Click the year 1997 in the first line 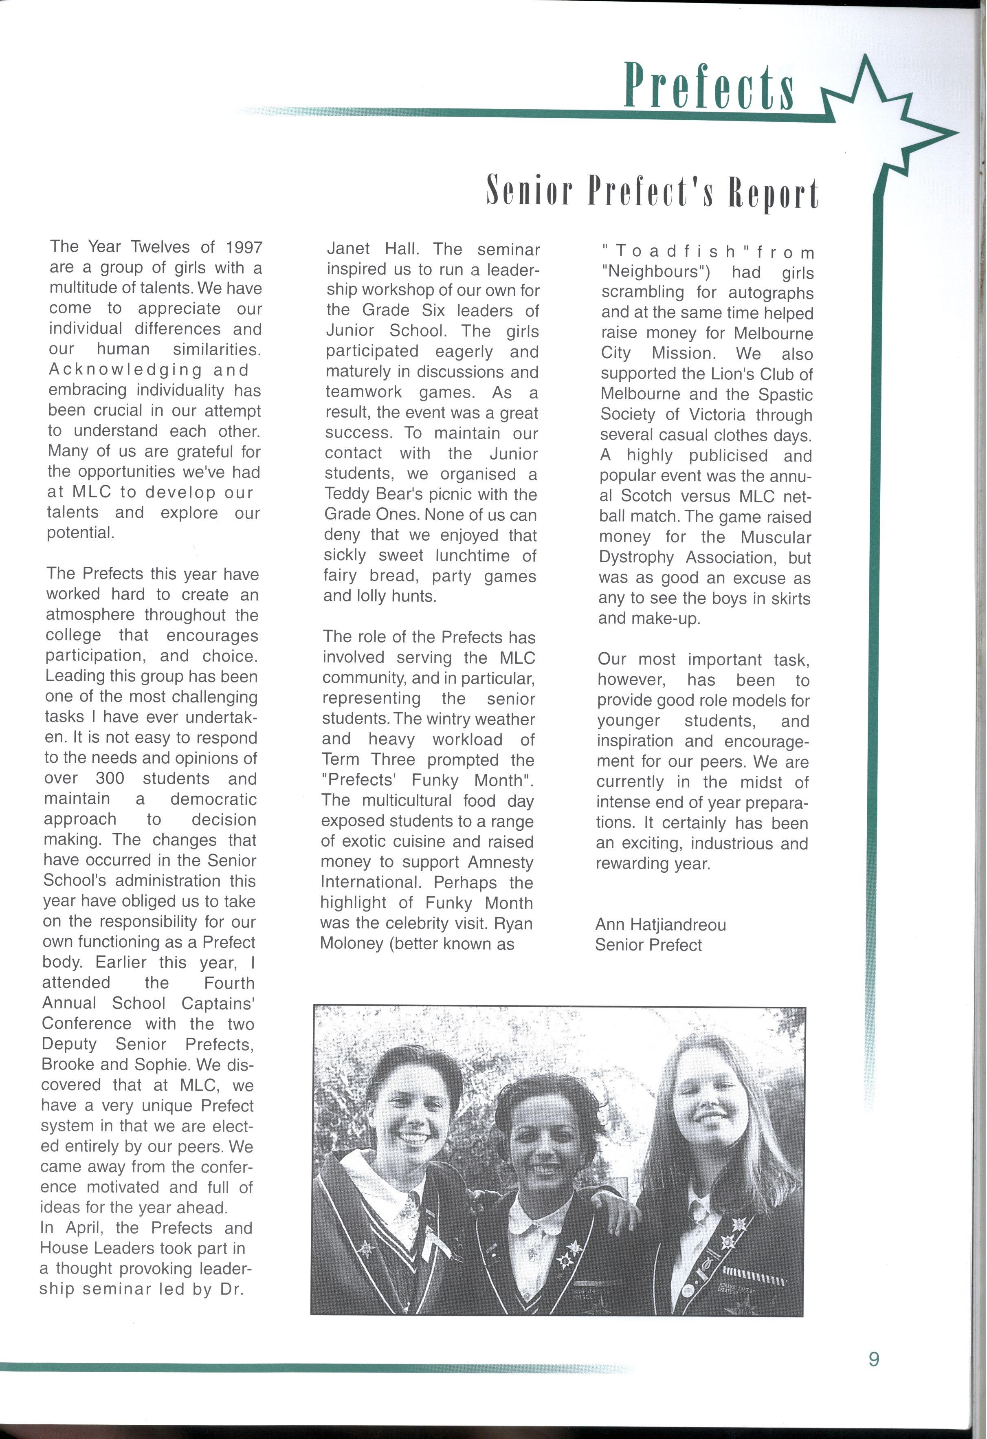click(243, 247)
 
